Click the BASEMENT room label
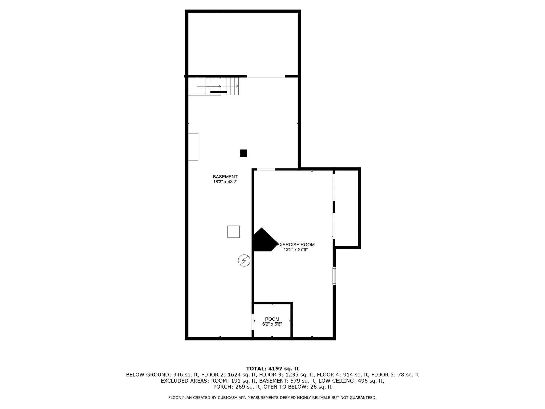[225, 177]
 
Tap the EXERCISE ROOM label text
[295, 245]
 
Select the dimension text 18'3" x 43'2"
[225, 182]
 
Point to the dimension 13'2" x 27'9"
[295, 250]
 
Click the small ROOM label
[272, 319]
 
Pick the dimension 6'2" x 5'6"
[272, 324]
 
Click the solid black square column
[243, 153]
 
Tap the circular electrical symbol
[244, 260]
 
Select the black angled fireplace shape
[263, 241]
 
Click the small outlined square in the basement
[233, 232]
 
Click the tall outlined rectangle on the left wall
[193, 147]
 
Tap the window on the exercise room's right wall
[334, 276]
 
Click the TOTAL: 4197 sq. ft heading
[272, 369]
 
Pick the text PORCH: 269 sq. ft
[237, 387]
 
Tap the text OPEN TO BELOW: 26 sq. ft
[297, 387]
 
